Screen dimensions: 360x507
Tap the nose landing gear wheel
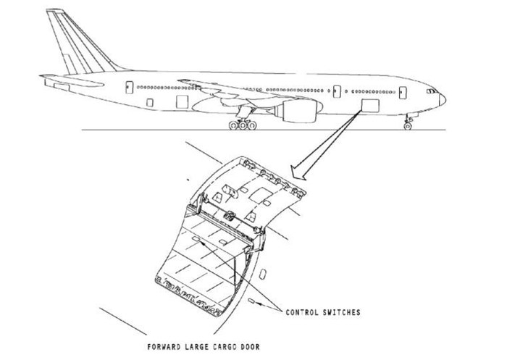pyautogui.click(x=408, y=126)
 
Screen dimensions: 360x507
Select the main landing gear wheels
pyautogui.click(x=242, y=125)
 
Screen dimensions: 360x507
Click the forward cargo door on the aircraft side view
pyautogui.click(x=369, y=106)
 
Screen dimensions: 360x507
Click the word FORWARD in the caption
pyautogui.click(x=166, y=346)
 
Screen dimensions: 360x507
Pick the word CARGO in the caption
pyautogui.click(x=223, y=346)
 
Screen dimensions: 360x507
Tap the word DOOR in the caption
pyautogui.click(x=249, y=346)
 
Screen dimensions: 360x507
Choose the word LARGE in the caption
pyautogui.click(x=196, y=346)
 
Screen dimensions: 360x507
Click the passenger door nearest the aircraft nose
pyautogui.click(x=402, y=92)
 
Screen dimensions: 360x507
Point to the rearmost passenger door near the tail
pyautogui.click(x=129, y=87)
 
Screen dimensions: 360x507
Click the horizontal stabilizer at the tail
pyautogui.click(x=58, y=78)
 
